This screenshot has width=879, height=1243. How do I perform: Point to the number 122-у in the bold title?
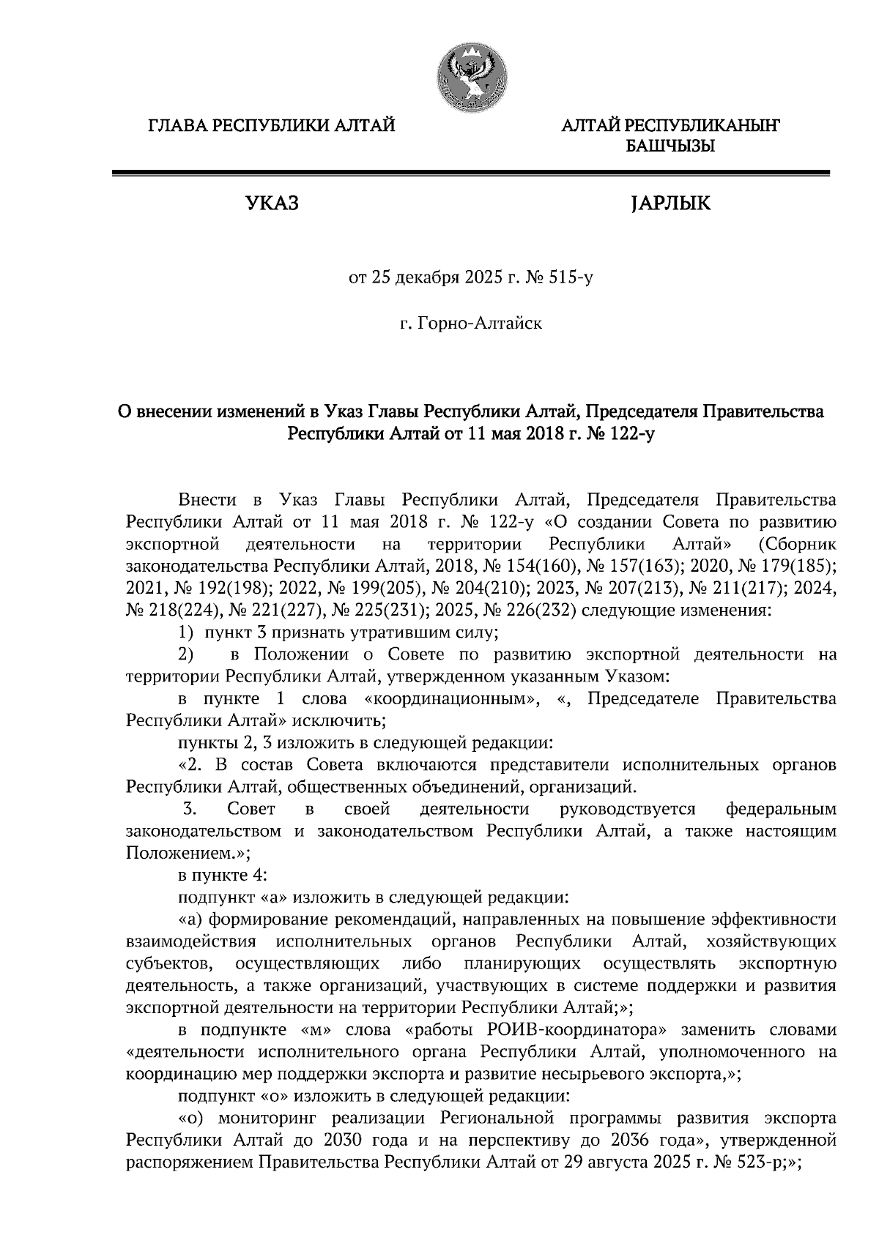pos(627,434)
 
